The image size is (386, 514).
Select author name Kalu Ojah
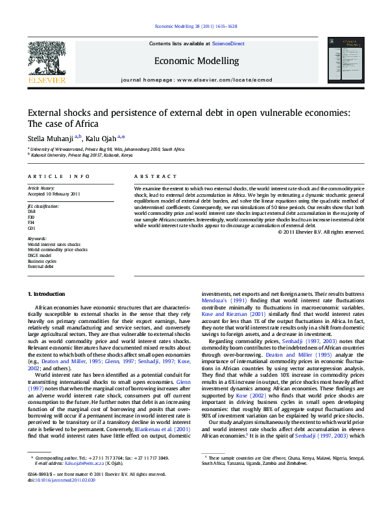pyautogui.click(x=101, y=137)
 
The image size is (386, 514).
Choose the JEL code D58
pyautogui.click(x=31, y=212)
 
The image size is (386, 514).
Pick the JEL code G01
pyautogui.click(x=31, y=228)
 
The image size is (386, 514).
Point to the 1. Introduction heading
pyautogui.click(x=49, y=294)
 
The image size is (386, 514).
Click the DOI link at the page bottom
pyautogui.click(x=66, y=480)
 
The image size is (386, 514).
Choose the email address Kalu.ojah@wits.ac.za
pyautogui.click(x=82, y=464)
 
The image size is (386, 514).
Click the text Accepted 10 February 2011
pyautogui.click(x=54, y=194)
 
